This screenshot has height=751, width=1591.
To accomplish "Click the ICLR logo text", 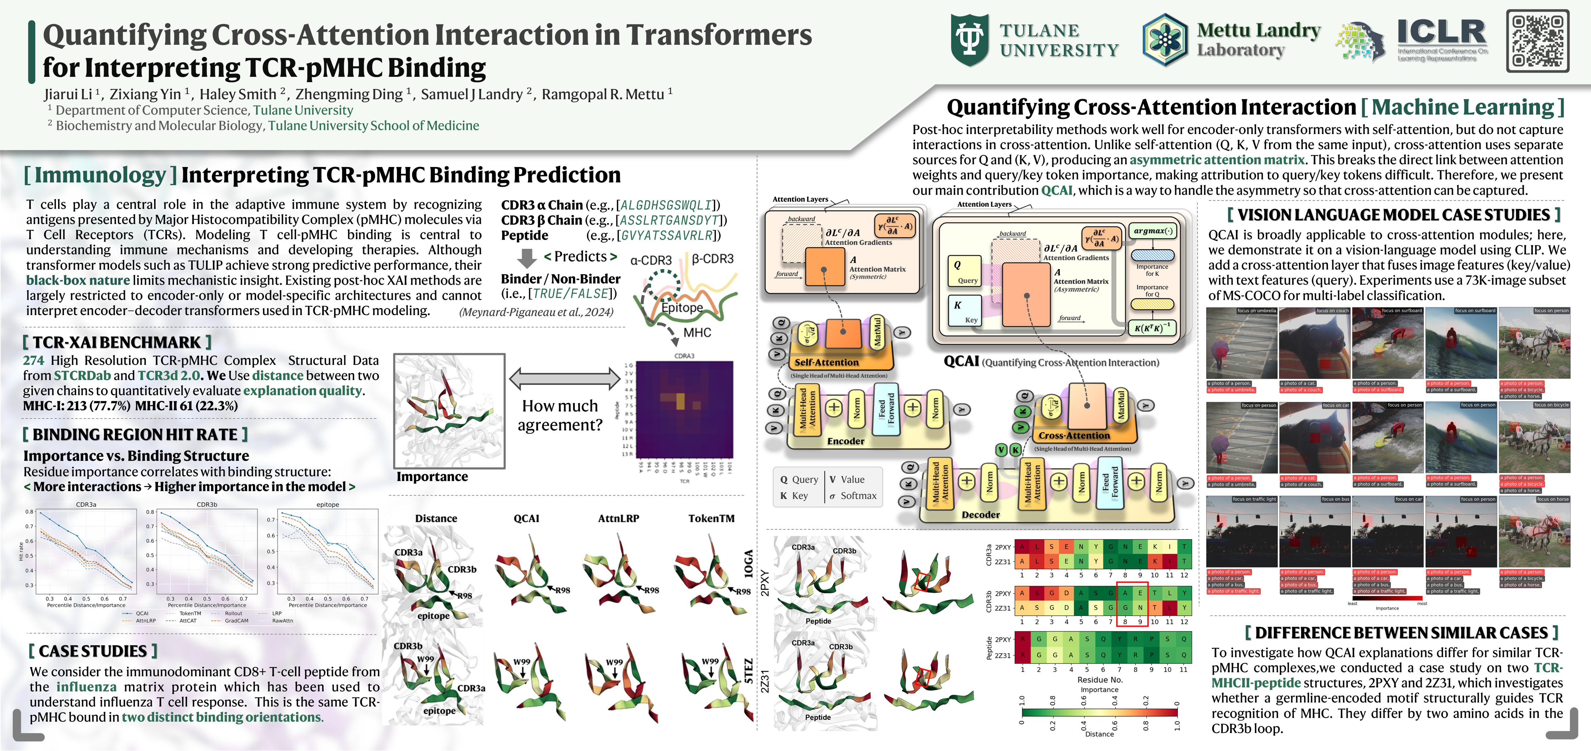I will coord(1442,32).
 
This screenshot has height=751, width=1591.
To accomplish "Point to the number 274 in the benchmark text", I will coord(33,360).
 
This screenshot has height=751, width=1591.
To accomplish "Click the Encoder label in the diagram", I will coord(846,441).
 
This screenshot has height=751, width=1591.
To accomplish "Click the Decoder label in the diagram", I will coord(980,514).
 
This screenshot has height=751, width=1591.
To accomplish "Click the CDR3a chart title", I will coord(86,504).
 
